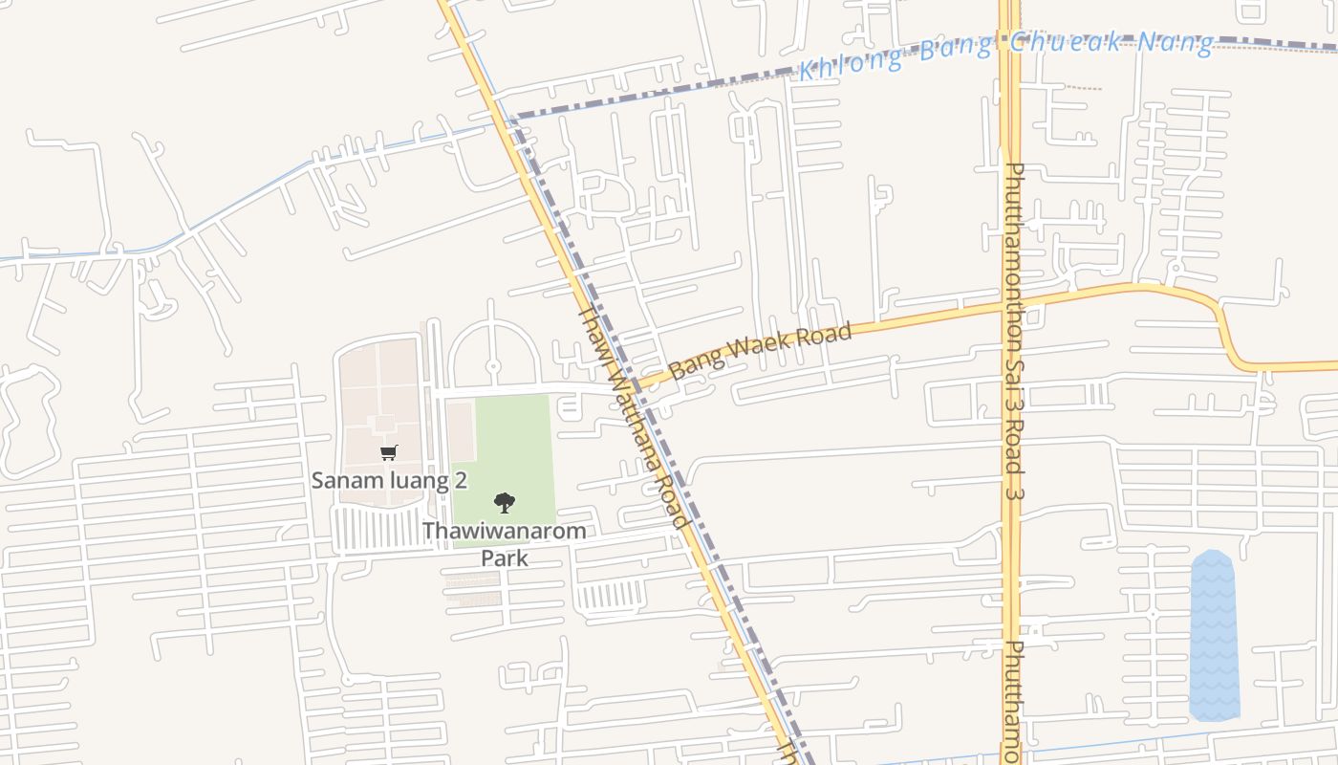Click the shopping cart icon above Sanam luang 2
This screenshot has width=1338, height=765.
coord(388,452)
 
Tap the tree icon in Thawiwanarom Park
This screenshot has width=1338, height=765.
coord(504,502)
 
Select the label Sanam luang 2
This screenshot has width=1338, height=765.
coord(389,480)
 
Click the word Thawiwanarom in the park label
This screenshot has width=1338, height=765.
coord(504,531)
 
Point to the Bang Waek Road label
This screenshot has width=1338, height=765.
coord(760,351)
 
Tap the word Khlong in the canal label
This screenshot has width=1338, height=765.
coord(851,63)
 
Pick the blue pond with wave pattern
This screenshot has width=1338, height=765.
coord(1214,636)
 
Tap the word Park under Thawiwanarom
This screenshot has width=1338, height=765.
coord(504,557)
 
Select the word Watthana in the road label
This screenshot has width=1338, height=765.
coord(639,430)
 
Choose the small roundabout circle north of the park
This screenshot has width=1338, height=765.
coord(493,365)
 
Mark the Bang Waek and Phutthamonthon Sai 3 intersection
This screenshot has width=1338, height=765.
coord(1011,306)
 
